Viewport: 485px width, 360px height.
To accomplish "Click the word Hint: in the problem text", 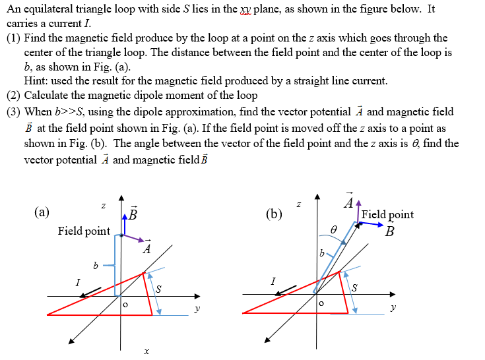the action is (38, 81).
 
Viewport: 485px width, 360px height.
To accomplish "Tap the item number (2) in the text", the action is (14, 96).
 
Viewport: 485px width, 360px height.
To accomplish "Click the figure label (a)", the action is (42, 212).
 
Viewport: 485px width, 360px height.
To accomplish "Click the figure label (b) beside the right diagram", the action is (274, 214).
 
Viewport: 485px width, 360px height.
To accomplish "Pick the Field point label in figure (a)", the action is (84, 231).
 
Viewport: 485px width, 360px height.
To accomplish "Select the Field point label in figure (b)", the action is (388, 214).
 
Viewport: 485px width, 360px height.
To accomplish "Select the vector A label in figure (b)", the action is (347, 204).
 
